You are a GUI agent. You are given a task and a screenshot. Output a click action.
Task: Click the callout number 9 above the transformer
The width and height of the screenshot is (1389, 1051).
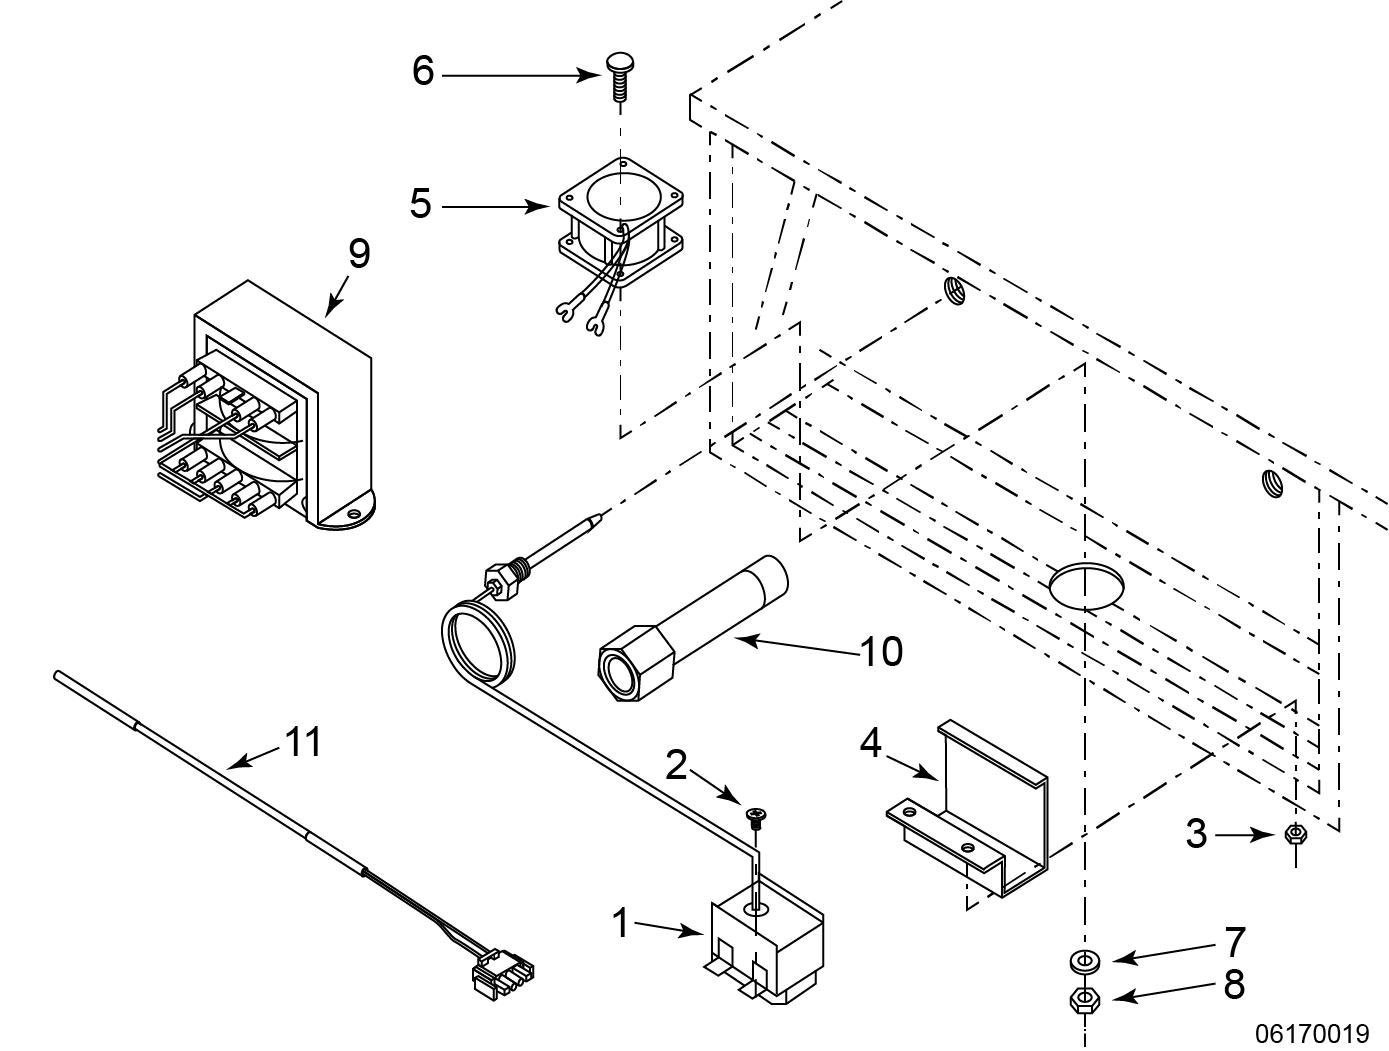click(359, 254)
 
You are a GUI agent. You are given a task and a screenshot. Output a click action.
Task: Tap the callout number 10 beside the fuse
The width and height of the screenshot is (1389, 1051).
click(881, 651)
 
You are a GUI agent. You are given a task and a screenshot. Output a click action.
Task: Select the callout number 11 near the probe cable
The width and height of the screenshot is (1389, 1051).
click(304, 741)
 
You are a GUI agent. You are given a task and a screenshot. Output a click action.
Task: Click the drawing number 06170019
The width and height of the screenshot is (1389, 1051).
click(1312, 1034)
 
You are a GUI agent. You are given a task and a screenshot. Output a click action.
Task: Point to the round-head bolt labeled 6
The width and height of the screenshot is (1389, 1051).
click(620, 77)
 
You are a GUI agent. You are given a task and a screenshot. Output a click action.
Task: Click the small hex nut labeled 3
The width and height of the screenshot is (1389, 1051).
click(1296, 834)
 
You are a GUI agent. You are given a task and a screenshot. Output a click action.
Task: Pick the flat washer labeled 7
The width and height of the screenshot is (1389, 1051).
click(1085, 962)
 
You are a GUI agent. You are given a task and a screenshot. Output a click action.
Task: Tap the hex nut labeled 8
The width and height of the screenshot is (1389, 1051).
click(1085, 1000)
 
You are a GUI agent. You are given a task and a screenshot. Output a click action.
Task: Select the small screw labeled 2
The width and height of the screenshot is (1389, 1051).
click(756, 818)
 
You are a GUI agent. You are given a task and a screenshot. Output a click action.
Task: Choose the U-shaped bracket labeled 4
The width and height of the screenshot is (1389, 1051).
click(968, 809)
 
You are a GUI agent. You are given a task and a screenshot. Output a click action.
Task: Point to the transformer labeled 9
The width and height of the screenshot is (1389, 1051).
click(266, 405)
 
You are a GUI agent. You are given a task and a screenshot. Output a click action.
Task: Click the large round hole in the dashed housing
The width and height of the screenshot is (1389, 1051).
click(1087, 585)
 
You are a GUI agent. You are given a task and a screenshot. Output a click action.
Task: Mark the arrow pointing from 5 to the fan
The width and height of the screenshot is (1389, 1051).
click(495, 207)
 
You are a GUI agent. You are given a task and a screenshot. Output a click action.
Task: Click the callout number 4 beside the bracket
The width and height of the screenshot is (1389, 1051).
click(871, 743)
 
